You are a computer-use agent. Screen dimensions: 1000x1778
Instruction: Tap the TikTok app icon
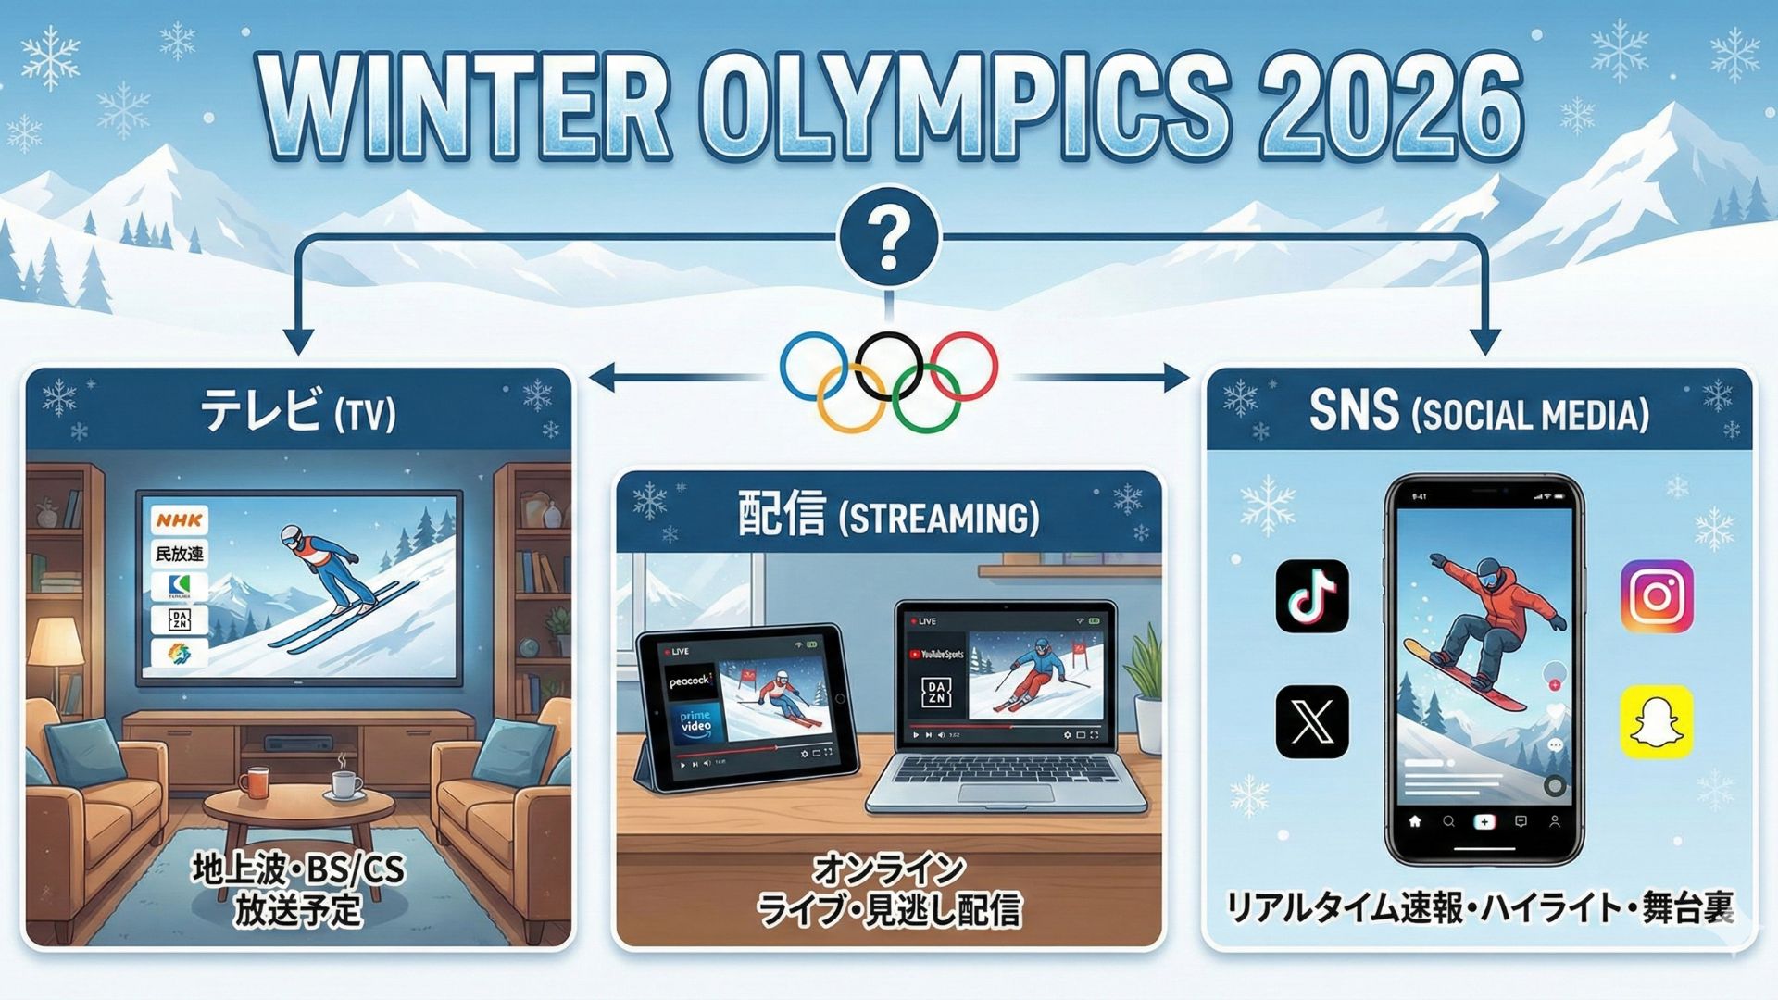pos(1312,596)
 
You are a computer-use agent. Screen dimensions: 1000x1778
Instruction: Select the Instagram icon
pos(1657,596)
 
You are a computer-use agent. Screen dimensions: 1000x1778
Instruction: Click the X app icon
pos(1312,721)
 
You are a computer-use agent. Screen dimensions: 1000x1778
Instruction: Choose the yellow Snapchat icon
pos(1657,721)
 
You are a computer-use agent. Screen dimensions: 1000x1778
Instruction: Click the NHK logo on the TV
pos(180,519)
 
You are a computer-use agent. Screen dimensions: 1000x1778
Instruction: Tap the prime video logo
pos(695,721)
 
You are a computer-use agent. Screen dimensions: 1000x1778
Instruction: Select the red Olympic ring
pos(964,366)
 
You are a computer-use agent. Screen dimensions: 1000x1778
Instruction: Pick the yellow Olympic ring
pos(851,398)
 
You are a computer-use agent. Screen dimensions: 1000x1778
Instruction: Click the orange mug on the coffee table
pos(254,782)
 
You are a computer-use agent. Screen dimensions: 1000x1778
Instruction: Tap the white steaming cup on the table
pos(345,785)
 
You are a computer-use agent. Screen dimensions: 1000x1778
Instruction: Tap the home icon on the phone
pos(1415,821)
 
